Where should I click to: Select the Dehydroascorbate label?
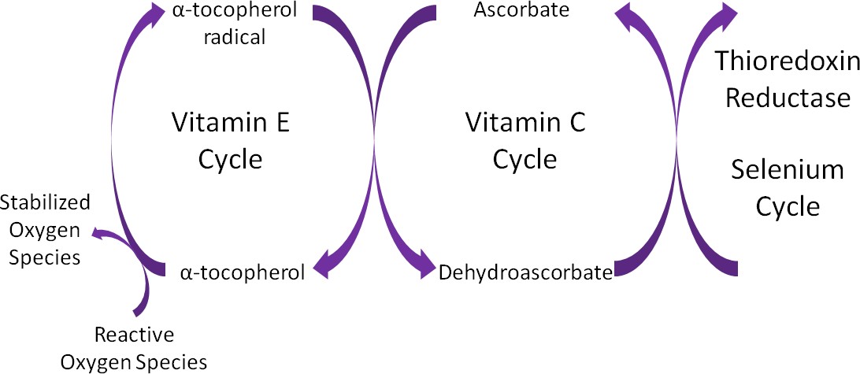(525, 273)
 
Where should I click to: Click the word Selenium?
(788, 170)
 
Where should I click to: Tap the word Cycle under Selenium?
(788, 206)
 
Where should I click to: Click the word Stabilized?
(45, 203)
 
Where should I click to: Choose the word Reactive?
(134, 335)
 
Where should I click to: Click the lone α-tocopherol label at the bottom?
(242, 273)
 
